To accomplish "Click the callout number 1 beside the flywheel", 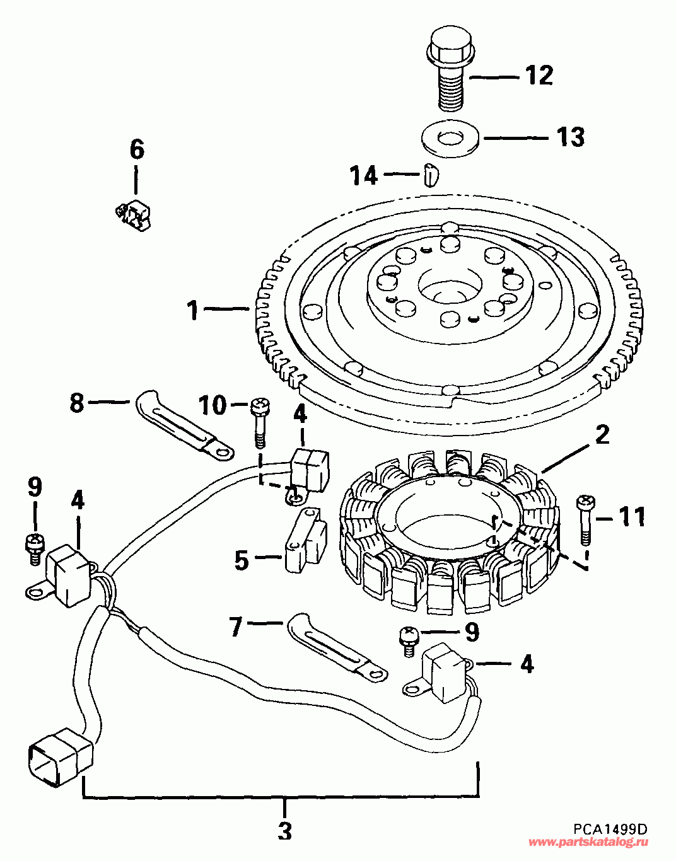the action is point(193,310).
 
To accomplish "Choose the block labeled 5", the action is point(305,541).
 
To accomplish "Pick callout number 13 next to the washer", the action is point(569,137).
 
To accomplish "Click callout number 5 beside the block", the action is point(242,560).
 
